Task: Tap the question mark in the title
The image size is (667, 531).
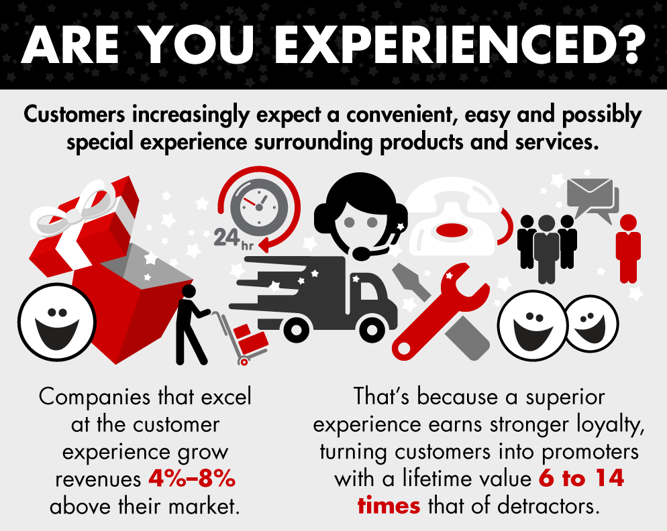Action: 628,44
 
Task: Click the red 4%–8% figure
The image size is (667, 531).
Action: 192,479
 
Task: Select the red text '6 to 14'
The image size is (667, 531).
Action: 581,478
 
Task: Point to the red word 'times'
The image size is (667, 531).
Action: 389,506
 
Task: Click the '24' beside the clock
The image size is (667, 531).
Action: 226,237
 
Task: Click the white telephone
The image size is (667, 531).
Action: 452,217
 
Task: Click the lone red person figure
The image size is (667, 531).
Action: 628,249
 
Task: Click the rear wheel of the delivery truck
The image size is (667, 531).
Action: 296,329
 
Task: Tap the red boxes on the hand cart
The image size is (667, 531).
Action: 251,339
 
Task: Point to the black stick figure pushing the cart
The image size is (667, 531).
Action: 189,324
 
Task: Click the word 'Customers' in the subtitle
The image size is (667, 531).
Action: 74,115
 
